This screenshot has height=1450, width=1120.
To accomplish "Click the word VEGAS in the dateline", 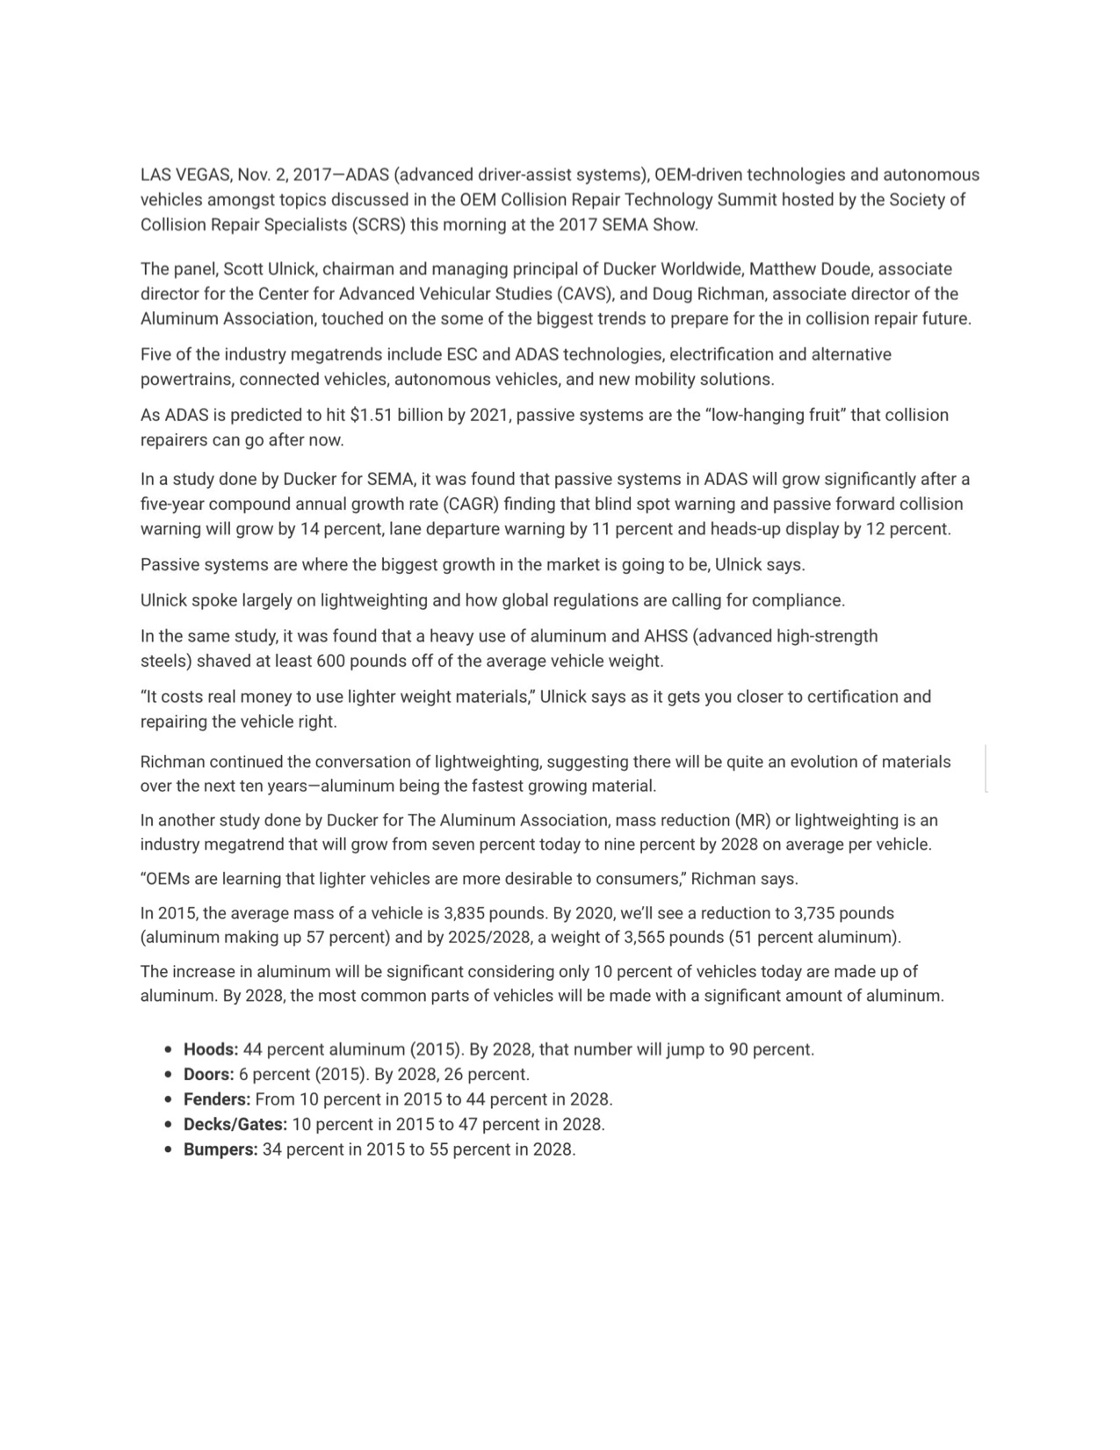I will pos(203,175).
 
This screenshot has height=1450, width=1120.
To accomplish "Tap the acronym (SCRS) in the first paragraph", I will pos(379,224).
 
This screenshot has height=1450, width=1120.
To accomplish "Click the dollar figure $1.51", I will pos(371,415).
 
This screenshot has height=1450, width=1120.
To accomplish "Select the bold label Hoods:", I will pos(211,1049).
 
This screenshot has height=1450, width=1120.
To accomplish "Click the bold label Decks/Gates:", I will pos(235,1124).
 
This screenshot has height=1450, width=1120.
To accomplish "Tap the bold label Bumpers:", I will pos(220,1149).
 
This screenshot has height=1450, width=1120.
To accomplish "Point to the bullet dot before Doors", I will pos(168,1075).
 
